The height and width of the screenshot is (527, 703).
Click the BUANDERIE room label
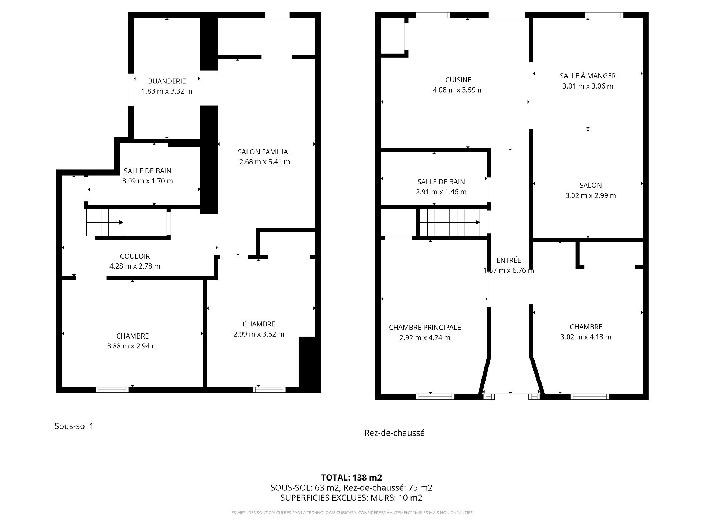[167, 81]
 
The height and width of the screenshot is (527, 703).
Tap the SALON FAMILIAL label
[265, 152]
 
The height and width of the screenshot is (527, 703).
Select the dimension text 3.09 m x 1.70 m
[148, 181]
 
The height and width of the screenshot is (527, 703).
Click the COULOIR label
[135, 256]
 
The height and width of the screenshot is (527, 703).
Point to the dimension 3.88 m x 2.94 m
[133, 346]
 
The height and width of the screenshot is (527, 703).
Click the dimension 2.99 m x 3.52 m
[259, 334]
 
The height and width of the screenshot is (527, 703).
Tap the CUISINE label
[458, 80]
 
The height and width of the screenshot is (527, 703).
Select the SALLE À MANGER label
[588, 76]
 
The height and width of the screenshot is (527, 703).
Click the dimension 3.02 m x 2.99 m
[591, 195]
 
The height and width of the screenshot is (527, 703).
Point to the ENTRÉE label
[509, 260]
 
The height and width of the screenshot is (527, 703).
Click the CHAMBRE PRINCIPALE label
[425, 328]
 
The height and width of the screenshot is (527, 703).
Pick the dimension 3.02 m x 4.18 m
[586, 337]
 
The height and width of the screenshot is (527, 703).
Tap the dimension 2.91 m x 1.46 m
[441, 192]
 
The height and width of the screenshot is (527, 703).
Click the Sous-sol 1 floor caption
[74, 426]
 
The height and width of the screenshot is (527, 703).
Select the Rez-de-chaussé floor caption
[394, 433]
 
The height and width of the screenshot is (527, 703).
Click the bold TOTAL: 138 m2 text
[351, 478]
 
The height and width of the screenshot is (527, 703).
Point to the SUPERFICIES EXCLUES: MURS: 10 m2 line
[351, 498]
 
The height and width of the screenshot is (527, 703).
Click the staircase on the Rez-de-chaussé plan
[450, 223]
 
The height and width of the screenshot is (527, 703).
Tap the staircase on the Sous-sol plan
[105, 223]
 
